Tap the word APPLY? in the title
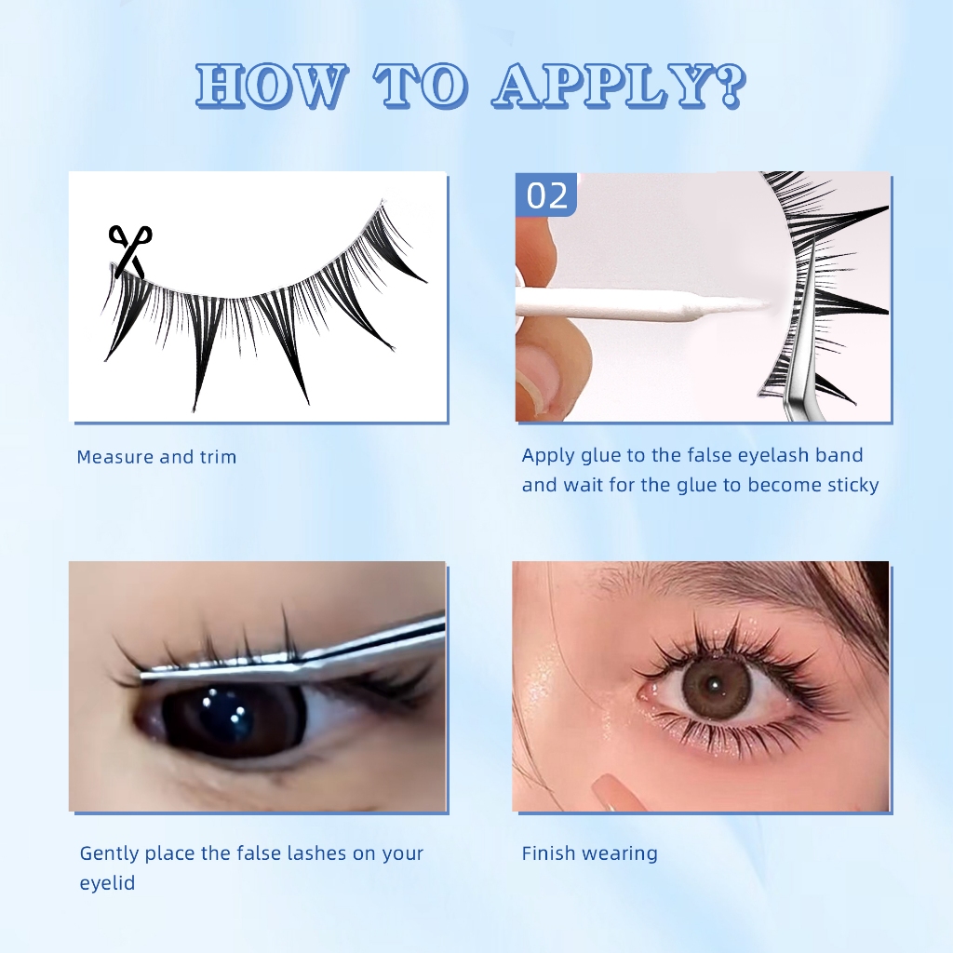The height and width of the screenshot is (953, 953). pos(619,86)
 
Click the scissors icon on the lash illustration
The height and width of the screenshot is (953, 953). pos(129,250)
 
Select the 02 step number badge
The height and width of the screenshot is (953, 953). pos(545,195)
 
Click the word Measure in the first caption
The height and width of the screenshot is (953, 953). pos(114,457)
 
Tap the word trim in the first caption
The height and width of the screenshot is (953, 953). pos(218,457)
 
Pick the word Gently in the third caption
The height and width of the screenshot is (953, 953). pos(110,854)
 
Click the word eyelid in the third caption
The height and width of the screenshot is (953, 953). pos(107,883)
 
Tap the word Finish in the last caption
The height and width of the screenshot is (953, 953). pos(546,853)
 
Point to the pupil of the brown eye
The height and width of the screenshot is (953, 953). pos(712,686)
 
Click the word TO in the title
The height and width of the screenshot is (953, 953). pos(421,86)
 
